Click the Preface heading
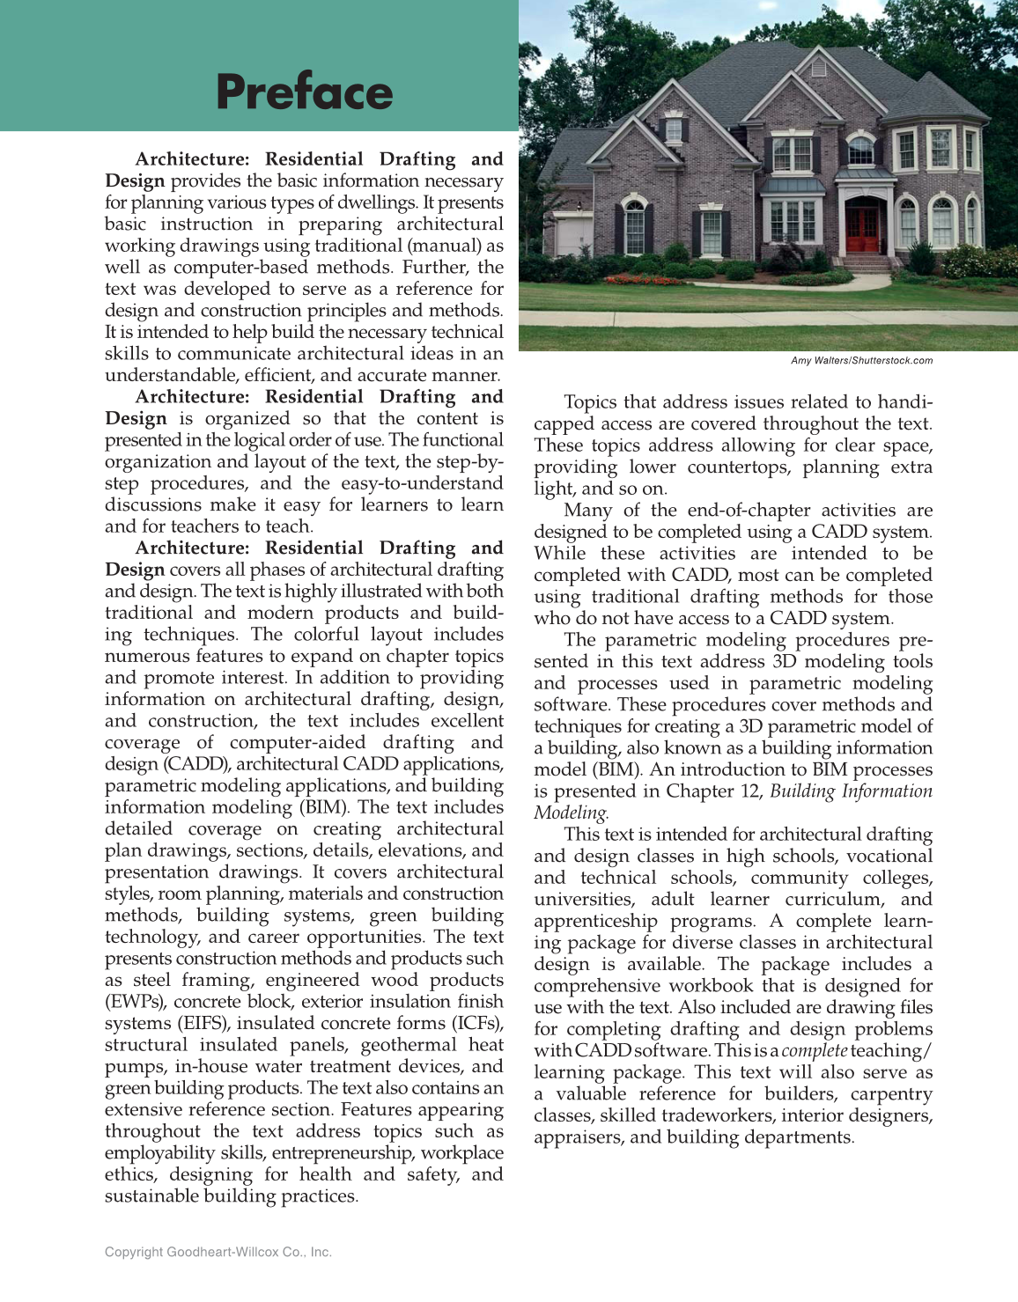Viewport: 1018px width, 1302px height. point(304,92)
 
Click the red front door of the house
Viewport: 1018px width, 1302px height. point(862,231)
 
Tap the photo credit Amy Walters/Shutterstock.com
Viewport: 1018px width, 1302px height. point(860,361)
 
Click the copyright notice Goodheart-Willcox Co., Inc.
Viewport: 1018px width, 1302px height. point(218,1252)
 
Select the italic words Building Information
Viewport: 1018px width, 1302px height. point(850,791)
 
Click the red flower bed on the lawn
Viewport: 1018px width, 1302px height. point(644,280)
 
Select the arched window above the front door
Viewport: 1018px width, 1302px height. point(860,151)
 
